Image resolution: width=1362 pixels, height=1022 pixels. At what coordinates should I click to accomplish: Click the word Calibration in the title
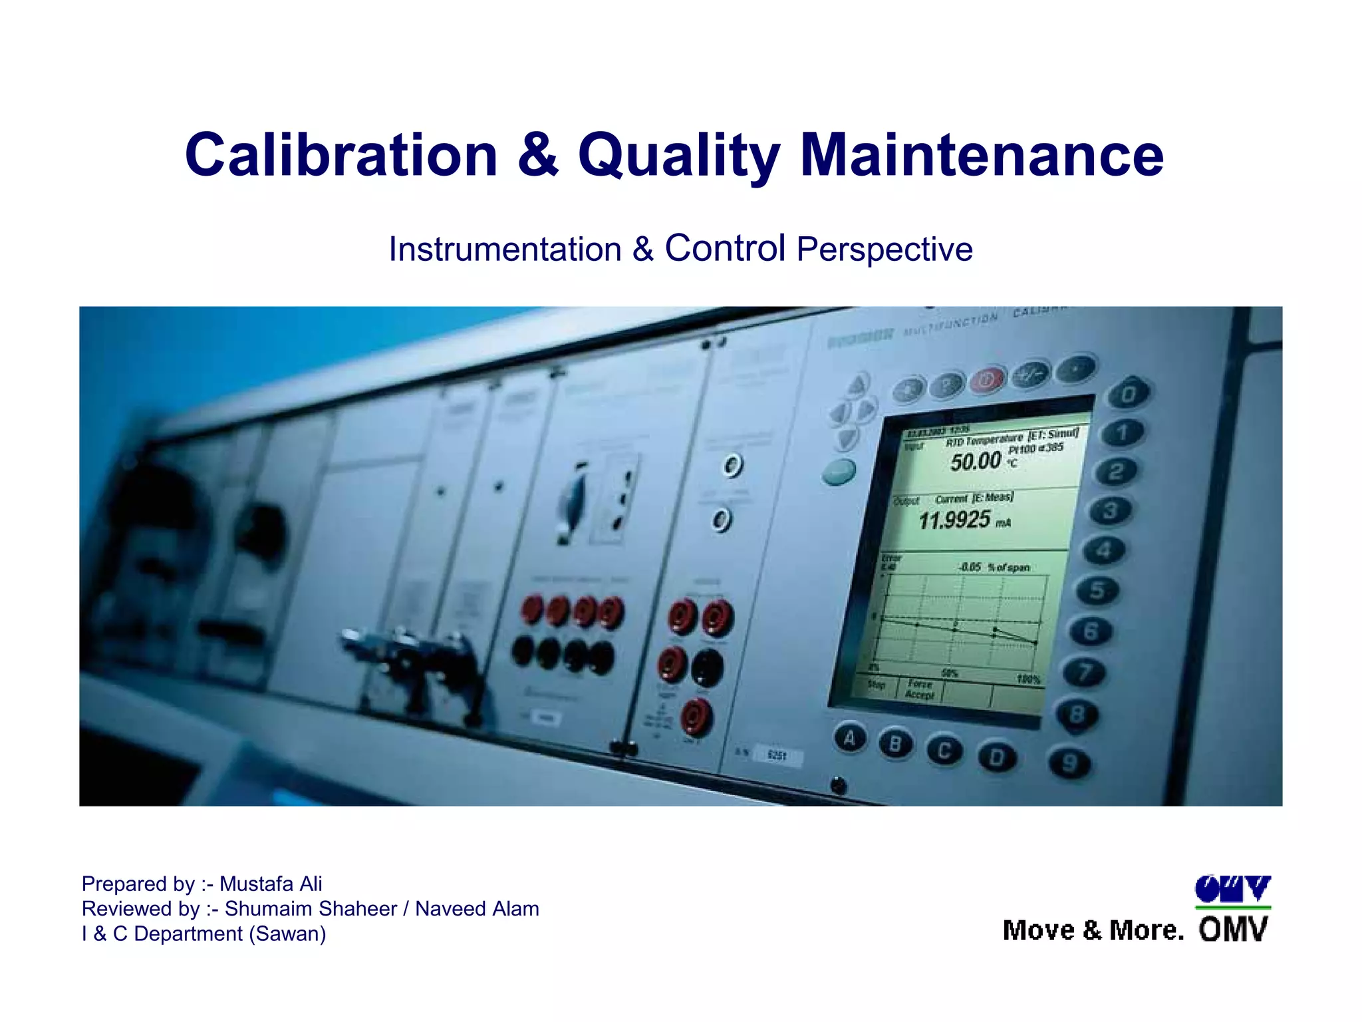pyautogui.click(x=341, y=155)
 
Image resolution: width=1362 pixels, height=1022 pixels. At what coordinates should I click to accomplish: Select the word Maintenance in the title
pyautogui.click(x=982, y=155)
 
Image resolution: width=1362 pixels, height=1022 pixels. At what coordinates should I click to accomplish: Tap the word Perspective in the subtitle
pyautogui.click(x=885, y=250)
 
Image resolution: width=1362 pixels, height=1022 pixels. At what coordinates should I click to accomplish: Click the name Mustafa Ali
pyautogui.click(x=271, y=884)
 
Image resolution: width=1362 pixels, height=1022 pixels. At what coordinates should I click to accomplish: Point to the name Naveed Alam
pyautogui.click(x=477, y=909)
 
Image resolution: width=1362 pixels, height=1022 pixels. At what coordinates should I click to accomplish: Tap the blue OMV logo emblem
pyautogui.click(x=1232, y=890)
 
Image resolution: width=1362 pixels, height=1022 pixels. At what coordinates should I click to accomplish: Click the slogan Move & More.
pyautogui.click(x=1093, y=930)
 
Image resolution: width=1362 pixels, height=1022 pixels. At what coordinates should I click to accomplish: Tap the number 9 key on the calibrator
pyautogui.click(x=1069, y=762)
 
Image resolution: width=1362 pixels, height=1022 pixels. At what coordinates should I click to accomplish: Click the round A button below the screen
pyautogui.click(x=850, y=738)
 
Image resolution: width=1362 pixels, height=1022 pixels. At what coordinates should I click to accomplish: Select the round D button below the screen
pyautogui.click(x=996, y=757)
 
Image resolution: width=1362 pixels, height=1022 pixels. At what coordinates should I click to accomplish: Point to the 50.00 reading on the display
pyautogui.click(x=976, y=461)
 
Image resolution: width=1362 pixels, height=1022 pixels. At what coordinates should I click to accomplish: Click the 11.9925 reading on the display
pyautogui.click(x=954, y=520)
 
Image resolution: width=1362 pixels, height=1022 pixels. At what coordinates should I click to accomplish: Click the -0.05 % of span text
pyautogui.click(x=994, y=568)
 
